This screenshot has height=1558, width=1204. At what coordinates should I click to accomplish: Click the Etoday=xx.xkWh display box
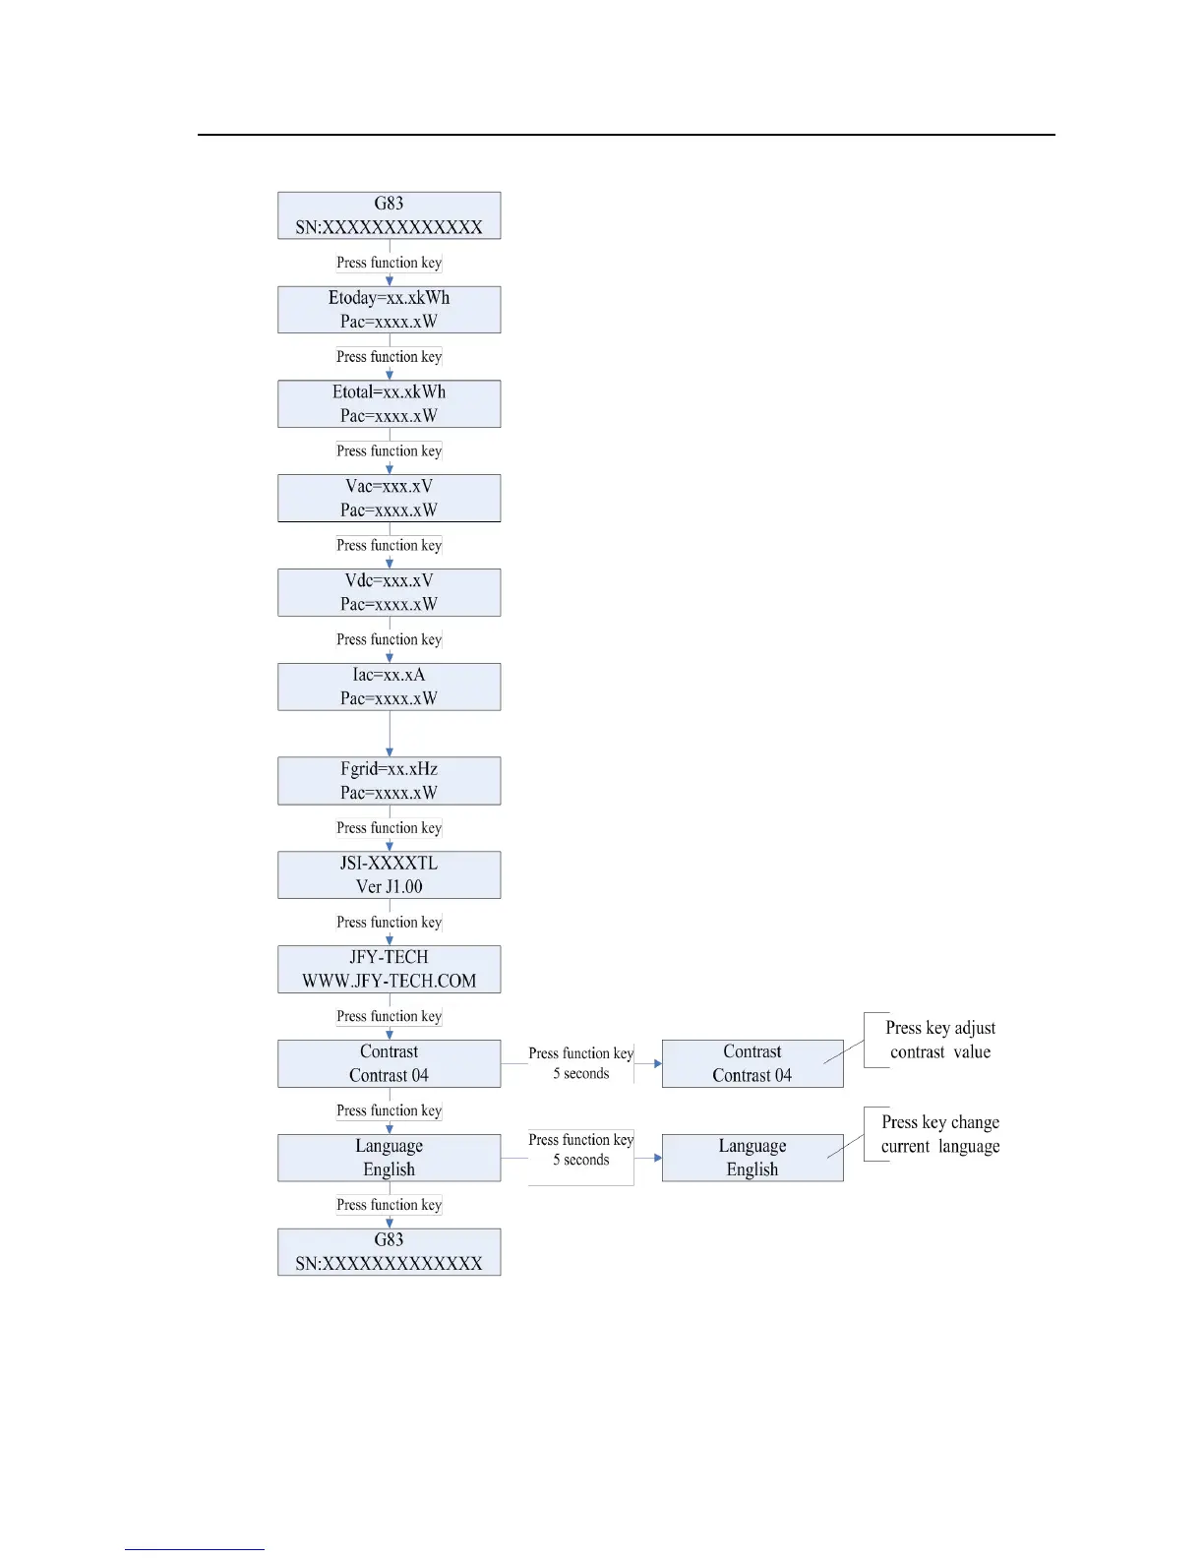389,310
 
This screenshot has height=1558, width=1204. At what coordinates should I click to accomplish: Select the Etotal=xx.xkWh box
389,404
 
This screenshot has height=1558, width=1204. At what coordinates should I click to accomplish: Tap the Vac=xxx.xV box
389,499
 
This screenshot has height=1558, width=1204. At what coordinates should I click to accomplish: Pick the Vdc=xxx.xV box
389,593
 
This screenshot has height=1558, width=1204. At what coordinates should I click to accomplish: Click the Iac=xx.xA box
389,687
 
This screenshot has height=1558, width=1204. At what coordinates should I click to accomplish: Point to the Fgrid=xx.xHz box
389,781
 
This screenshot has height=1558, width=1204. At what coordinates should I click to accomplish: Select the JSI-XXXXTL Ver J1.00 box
389,875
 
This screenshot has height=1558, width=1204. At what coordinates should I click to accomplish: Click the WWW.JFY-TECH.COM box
389,970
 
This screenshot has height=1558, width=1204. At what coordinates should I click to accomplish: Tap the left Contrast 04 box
389,1064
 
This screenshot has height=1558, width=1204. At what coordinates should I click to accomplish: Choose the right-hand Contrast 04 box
752,1064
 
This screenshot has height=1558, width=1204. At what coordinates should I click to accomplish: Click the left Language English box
389,1158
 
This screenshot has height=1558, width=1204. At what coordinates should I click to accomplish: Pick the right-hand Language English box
752,1158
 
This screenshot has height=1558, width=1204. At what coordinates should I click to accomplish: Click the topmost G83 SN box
389,215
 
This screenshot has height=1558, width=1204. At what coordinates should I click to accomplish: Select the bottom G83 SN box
389,1252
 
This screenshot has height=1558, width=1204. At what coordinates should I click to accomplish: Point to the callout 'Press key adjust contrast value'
939,1041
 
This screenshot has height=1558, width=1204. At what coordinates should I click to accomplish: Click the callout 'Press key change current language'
939,1134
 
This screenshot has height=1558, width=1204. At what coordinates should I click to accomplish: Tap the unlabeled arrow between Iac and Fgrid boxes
390,734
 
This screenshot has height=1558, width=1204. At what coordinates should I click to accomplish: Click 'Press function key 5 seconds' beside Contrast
580,1063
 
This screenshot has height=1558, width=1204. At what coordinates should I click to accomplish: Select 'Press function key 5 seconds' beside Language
580,1150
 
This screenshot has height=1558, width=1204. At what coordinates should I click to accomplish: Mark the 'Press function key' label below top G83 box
389,263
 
